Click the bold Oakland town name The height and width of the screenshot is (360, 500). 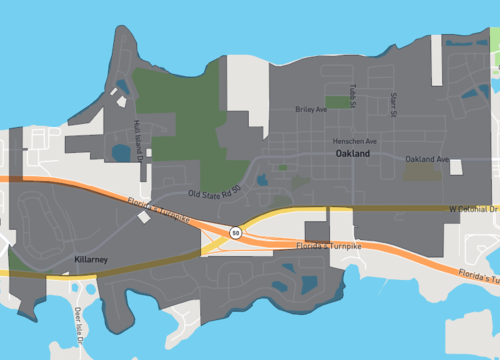[x=352, y=155]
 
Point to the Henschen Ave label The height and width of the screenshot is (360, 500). [x=355, y=141]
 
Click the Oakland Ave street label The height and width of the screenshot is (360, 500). [x=427, y=160]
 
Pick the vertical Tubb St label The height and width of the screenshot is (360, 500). [x=354, y=93]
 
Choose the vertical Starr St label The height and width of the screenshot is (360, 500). [x=394, y=101]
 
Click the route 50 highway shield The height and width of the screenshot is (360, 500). [x=235, y=232]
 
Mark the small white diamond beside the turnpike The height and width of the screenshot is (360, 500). [x=144, y=217]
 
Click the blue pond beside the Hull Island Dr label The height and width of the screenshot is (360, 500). [x=121, y=153]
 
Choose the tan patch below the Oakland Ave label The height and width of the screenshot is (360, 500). [x=425, y=173]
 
